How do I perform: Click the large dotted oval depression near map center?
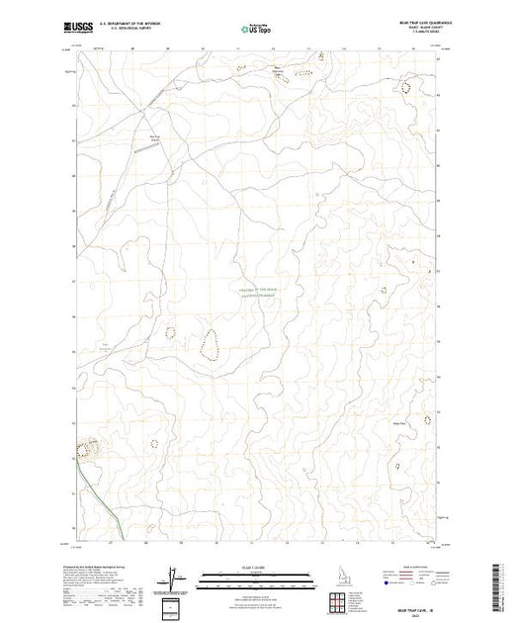click(210, 345)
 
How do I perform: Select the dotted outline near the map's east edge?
click(427, 419)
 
